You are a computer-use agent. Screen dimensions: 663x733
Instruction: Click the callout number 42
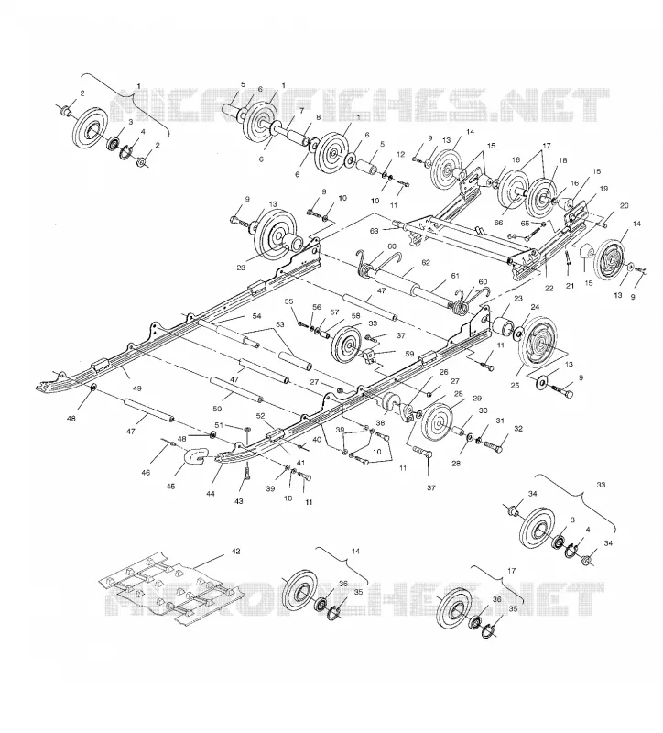click(x=235, y=552)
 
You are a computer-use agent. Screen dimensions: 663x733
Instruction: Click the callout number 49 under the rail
click(x=137, y=388)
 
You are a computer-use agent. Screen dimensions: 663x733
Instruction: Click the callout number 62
click(x=426, y=263)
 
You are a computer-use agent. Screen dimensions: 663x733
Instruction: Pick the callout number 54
click(x=256, y=316)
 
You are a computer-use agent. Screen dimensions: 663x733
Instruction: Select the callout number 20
click(x=625, y=205)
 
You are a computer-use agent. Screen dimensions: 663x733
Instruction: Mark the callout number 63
click(x=375, y=231)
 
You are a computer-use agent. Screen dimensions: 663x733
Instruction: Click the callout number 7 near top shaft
click(x=301, y=111)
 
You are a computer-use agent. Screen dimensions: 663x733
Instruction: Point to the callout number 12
click(x=400, y=154)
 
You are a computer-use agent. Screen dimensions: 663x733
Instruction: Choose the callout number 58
click(x=356, y=316)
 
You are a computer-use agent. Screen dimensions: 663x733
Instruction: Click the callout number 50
click(x=217, y=409)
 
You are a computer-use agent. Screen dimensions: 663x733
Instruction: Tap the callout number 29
click(x=477, y=399)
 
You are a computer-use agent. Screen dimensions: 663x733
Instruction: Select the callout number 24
click(x=535, y=307)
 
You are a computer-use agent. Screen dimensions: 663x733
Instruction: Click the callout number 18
click(x=562, y=160)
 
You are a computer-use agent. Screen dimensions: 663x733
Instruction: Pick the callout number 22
click(x=549, y=289)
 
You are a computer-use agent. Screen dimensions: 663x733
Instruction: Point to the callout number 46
click(x=146, y=473)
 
